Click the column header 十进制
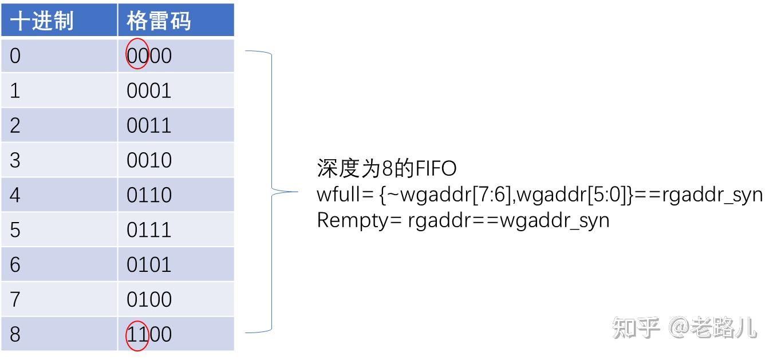(x=42, y=21)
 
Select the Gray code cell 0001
(x=149, y=90)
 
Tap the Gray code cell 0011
(x=149, y=125)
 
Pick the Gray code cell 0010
(x=149, y=160)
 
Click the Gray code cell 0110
(x=149, y=195)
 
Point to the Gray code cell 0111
(x=149, y=230)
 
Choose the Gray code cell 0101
(x=149, y=265)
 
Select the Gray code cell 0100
(x=149, y=300)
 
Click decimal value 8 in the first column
(x=15, y=335)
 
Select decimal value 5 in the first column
(x=15, y=230)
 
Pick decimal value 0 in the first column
(x=15, y=56)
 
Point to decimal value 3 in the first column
(x=15, y=160)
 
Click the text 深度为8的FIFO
(x=386, y=169)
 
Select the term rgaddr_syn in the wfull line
(x=712, y=196)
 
